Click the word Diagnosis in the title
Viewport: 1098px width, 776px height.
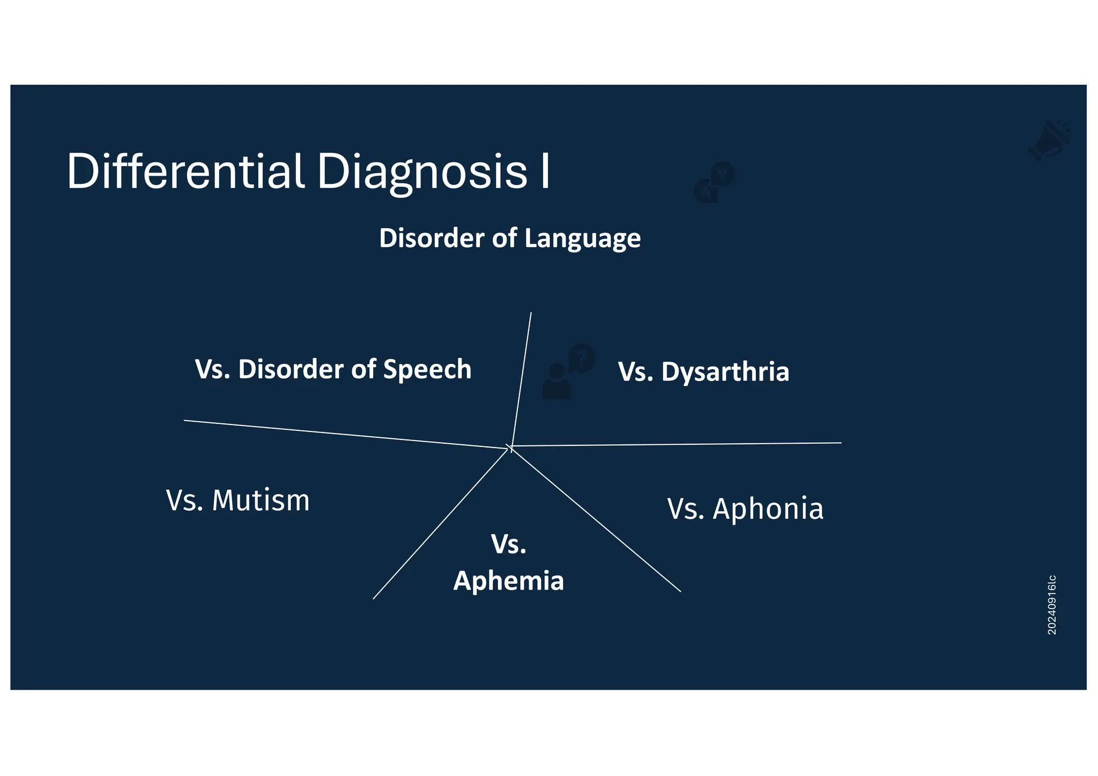pyautogui.click(x=422, y=173)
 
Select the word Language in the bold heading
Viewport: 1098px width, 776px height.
pyautogui.click(x=582, y=239)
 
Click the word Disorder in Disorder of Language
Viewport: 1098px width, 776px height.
pyautogui.click(x=431, y=238)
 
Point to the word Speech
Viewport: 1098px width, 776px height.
pyautogui.click(x=427, y=370)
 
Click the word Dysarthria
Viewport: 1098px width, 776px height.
pyautogui.click(x=725, y=372)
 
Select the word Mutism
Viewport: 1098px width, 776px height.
pyautogui.click(x=261, y=501)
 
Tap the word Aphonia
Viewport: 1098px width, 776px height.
pyautogui.click(x=768, y=509)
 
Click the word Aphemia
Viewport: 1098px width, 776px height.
pyautogui.click(x=508, y=581)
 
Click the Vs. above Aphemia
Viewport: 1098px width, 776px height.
pyautogui.click(x=508, y=544)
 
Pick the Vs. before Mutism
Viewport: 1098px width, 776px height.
pyautogui.click(x=184, y=501)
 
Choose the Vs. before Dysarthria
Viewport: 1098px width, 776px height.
pyautogui.click(x=635, y=372)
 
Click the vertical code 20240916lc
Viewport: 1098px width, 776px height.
pyautogui.click(x=1052, y=605)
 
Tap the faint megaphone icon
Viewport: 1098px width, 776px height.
pyautogui.click(x=1049, y=140)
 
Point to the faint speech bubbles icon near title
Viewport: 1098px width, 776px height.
pyautogui.click(x=714, y=183)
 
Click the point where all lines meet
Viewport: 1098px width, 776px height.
pyautogui.click(x=510, y=446)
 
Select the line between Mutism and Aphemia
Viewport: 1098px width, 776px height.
pyautogui.click(x=440, y=524)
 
